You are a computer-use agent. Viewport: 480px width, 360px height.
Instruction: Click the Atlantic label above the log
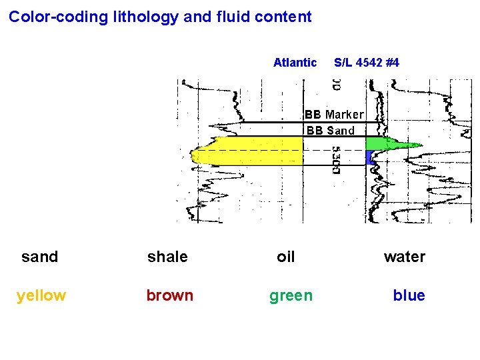pyautogui.click(x=295, y=63)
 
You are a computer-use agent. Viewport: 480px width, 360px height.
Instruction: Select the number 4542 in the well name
pyautogui.click(x=369, y=63)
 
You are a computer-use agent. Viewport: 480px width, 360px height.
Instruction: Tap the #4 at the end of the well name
pyautogui.click(x=392, y=63)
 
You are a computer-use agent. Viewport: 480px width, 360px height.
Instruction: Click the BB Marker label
pyautogui.click(x=335, y=115)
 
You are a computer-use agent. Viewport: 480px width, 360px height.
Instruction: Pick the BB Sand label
pyautogui.click(x=331, y=131)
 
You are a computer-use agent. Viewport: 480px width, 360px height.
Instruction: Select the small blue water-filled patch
pyautogui.click(x=369, y=157)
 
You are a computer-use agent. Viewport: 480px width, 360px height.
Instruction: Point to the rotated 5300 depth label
pyautogui.click(x=337, y=161)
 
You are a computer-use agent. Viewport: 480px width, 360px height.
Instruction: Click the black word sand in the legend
pyautogui.click(x=40, y=257)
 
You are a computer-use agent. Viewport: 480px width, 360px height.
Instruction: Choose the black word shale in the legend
pyautogui.click(x=167, y=257)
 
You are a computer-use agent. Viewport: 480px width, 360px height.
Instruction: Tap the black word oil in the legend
pyautogui.click(x=286, y=257)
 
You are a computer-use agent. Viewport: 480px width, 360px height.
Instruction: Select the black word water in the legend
pyautogui.click(x=404, y=257)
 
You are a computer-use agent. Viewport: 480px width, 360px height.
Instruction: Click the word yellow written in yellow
pyautogui.click(x=41, y=295)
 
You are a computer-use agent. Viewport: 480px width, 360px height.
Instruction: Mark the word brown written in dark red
pyautogui.click(x=170, y=295)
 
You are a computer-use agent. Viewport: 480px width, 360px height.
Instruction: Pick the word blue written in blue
pyautogui.click(x=409, y=295)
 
